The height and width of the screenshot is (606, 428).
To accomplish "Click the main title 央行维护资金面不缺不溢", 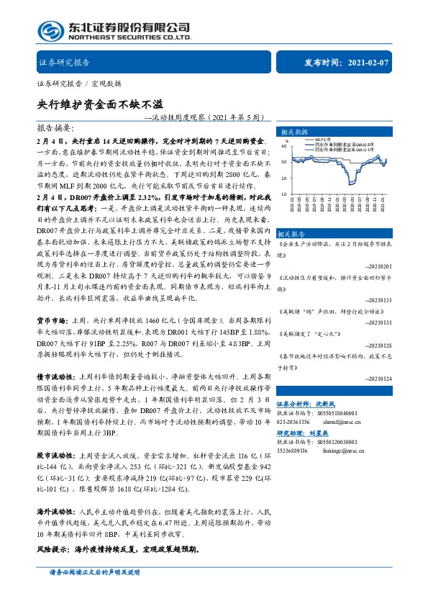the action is click(x=94, y=103).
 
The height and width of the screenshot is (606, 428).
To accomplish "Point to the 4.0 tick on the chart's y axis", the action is click(x=283, y=146).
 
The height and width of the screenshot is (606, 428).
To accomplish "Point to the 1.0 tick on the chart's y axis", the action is click(x=283, y=194).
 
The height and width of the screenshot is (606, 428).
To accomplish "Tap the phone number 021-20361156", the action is click(x=294, y=422).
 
